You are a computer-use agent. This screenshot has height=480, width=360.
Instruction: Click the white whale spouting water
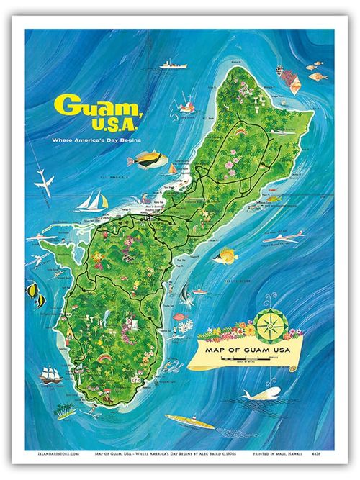tap(261, 393)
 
